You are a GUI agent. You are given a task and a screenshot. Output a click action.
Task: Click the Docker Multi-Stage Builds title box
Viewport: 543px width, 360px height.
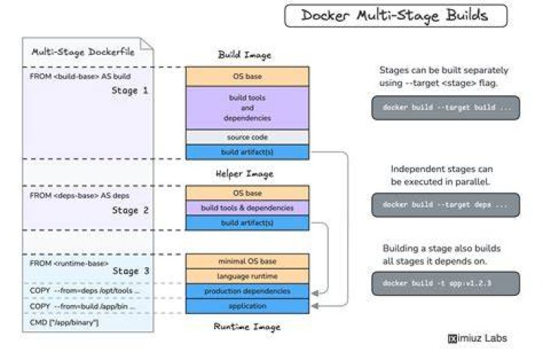coord(396,16)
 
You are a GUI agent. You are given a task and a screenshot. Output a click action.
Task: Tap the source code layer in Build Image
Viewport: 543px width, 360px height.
coord(247,137)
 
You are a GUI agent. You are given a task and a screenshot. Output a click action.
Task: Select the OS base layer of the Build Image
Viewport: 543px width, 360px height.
coord(247,76)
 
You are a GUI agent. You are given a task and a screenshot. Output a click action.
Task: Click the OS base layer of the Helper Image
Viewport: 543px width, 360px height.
coord(247,193)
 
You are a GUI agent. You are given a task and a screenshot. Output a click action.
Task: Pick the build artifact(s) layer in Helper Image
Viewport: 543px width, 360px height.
coord(247,223)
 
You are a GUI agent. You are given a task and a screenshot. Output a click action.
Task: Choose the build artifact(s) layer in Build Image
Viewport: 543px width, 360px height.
coord(247,152)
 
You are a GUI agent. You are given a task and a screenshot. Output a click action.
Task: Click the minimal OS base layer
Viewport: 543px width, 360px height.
coord(247,261)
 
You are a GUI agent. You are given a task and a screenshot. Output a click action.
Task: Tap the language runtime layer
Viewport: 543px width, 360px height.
coord(247,276)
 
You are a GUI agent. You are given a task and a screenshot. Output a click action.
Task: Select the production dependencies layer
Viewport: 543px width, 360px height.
coord(247,291)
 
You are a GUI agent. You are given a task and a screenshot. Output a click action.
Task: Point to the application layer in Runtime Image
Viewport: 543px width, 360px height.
coord(247,306)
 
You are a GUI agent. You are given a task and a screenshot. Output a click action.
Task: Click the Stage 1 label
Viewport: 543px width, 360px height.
coord(130,91)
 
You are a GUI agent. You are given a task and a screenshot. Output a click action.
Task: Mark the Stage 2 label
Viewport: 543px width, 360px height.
coord(130,211)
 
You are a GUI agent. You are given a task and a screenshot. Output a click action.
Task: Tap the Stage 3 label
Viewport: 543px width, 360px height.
coord(131,271)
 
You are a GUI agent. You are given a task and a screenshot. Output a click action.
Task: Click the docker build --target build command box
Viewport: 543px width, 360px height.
coord(446,108)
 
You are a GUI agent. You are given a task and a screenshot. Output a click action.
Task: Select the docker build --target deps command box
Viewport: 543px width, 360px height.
coord(446,205)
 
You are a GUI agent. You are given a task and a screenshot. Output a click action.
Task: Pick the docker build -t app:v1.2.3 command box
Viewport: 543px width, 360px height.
coord(446,284)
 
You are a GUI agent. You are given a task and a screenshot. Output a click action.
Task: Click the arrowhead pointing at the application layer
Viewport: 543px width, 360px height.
coord(314,306)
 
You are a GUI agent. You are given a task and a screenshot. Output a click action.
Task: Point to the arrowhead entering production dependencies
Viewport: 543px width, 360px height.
coord(314,294)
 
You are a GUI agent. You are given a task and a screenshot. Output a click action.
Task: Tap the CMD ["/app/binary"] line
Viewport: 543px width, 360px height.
coord(64,322)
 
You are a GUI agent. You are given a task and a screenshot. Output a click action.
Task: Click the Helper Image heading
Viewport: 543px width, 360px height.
coord(244,174)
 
